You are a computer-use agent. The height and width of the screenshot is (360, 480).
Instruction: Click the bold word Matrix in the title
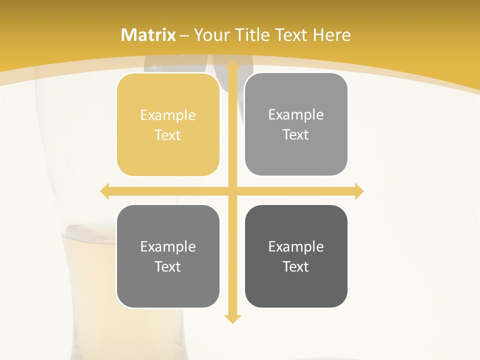pos(148,35)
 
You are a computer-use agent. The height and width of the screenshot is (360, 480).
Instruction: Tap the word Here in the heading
pos(331,35)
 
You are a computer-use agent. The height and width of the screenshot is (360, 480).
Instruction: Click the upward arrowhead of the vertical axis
pos(232,65)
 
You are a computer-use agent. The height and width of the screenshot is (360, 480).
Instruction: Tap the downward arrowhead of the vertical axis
pos(232,318)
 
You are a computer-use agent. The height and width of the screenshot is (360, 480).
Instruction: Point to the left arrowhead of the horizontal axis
pos(105,191)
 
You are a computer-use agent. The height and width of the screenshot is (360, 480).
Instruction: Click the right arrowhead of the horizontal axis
pos(358,191)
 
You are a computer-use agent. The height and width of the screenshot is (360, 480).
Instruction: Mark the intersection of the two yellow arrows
pos(232,191)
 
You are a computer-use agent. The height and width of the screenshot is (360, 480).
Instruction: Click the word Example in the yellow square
pos(168,115)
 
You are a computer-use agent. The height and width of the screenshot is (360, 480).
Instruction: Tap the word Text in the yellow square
pos(168,135)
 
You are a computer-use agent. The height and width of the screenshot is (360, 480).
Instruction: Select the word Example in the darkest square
pos(296,247)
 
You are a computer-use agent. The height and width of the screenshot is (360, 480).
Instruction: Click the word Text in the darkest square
pos(296,267)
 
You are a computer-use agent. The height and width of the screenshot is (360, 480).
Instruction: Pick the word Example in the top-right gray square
pos(296,115)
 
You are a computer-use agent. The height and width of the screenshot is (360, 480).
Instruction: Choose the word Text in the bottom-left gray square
pos(168,267)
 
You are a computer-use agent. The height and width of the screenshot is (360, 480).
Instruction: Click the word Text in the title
pos(291,35)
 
